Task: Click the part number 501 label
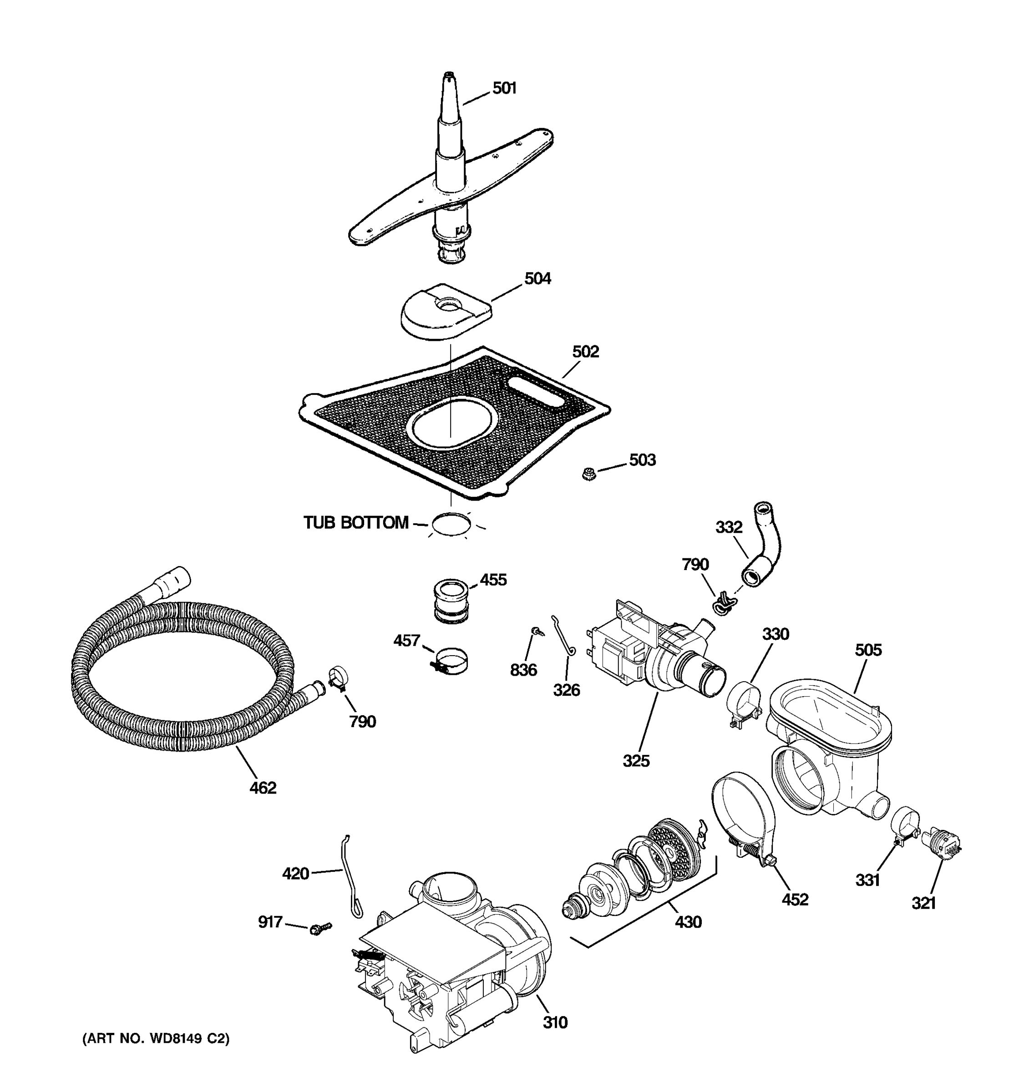(504, 88)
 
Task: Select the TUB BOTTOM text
(356, 522)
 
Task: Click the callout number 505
(868, 650)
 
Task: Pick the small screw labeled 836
(536, 632)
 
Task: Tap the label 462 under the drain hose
(263, 788)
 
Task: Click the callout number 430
(688, 922)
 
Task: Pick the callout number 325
(636, 761)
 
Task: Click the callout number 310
(555, 1023)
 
